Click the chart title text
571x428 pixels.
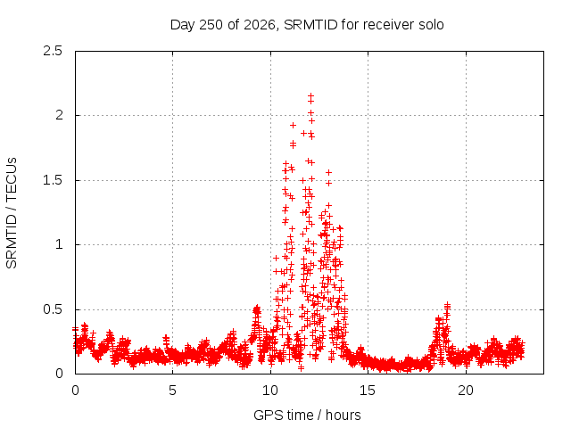pos(307,25)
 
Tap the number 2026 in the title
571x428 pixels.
pos(260,25)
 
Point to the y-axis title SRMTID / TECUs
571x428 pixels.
pos(12,213)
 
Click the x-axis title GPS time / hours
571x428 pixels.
pos(307,415)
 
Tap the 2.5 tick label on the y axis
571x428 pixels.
pos(53,51)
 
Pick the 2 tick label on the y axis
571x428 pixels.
pos(59,115)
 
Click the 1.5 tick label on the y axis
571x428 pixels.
pos(53,180)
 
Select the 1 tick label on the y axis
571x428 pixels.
pos(59,244)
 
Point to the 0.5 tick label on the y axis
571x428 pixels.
pos(53,309)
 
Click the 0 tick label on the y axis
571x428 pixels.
pos(59,374)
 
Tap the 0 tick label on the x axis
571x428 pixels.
pos(75,391)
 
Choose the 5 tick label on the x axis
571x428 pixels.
pos(172,391)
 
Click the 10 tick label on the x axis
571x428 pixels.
pos(270,391)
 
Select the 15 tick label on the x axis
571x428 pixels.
pos(368,391)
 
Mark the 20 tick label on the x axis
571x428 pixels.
pos(466,391)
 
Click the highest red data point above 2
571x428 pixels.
pos(310,96)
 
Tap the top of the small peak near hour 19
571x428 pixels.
pos(448,305)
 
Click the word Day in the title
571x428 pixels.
pos(183,25)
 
